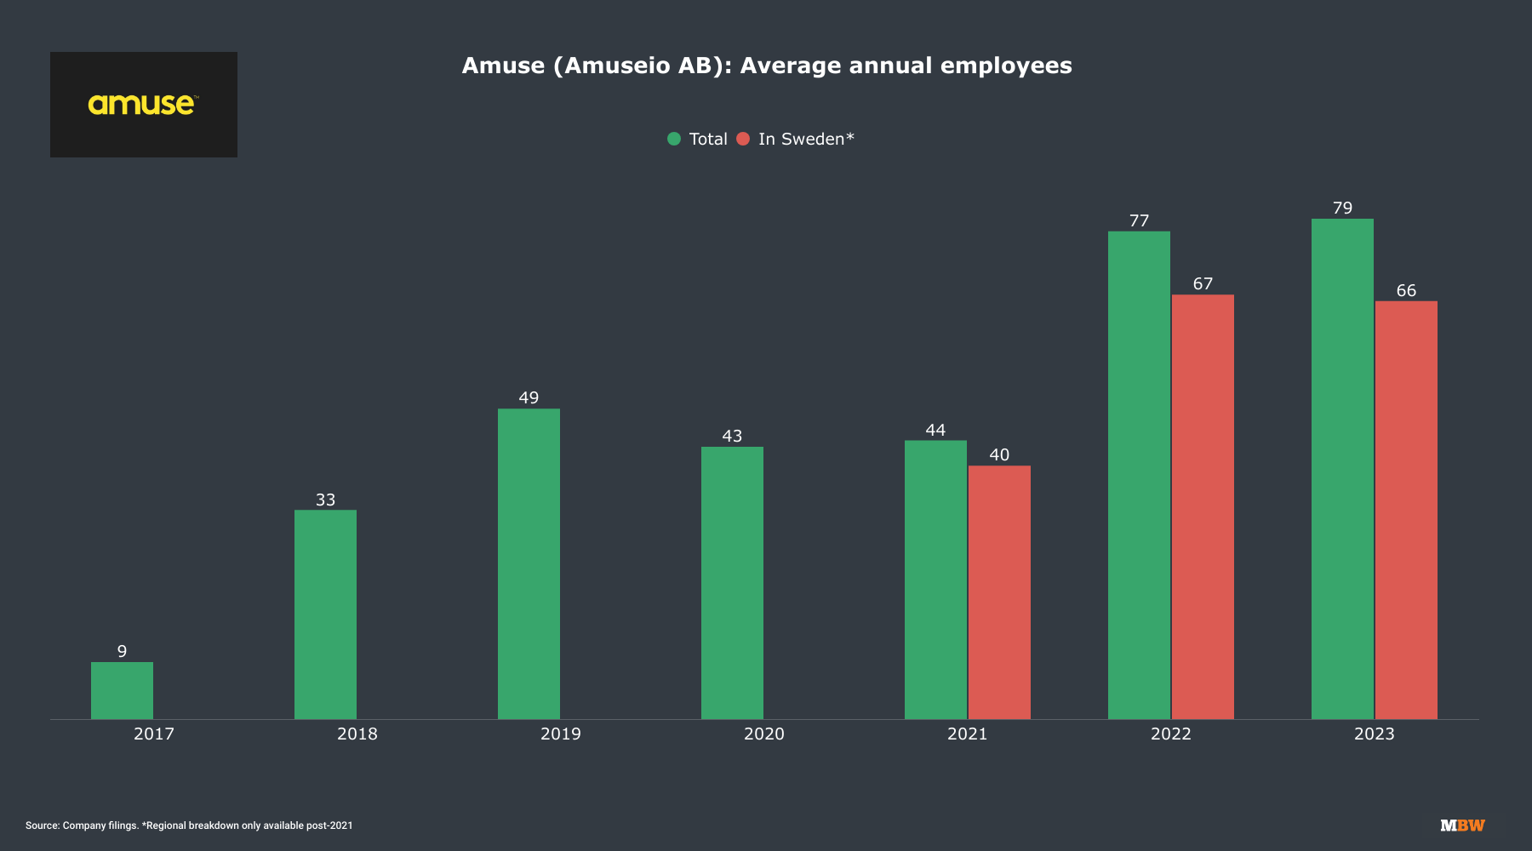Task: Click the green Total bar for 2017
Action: click(122, 690)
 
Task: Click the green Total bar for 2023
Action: click(1342, 468)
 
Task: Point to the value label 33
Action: click(325, 500)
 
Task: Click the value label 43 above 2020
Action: click(732, 436)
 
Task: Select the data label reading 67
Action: click(1203, 283)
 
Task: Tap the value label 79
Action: click(1342, 208)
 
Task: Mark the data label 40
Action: click(999, 454)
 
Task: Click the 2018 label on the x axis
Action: click(357, 734)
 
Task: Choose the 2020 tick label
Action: click(763, 734)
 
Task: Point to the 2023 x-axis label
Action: click(1374, 734)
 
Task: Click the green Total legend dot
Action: click(674, 139)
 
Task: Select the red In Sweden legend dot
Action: click(743, 139)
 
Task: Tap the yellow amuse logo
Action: click(142, 104)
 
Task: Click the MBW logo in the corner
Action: click(1462, 825)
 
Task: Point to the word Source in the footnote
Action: click(42, 825)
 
